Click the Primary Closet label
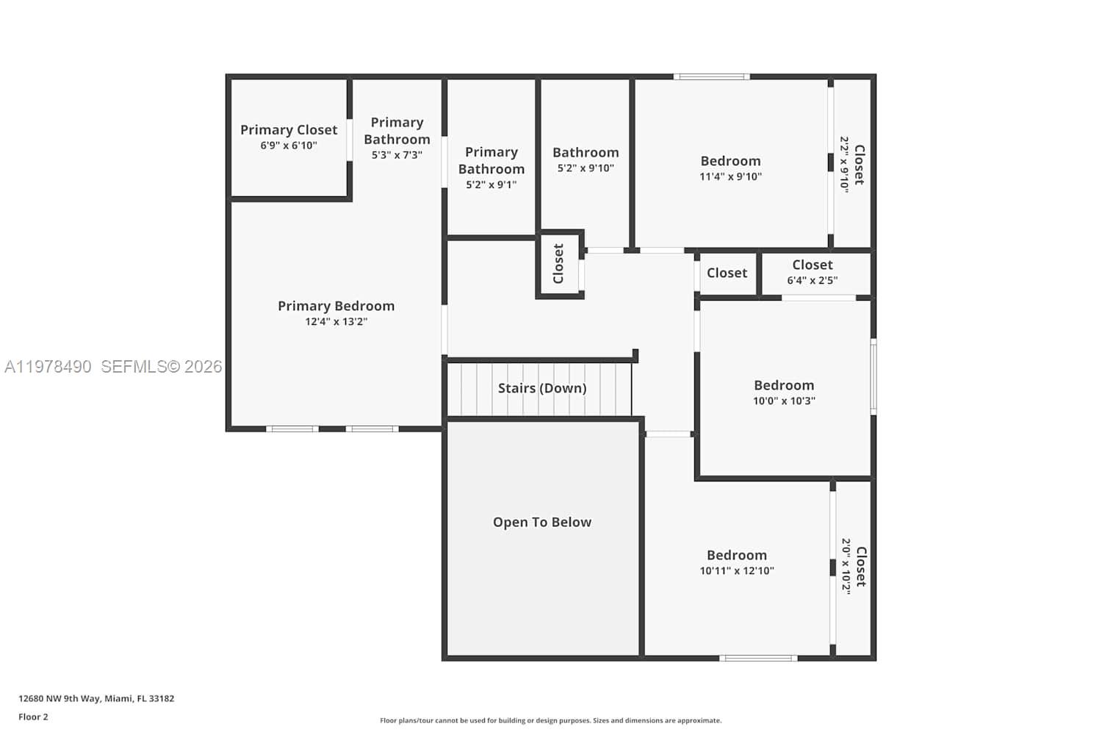point(289,130)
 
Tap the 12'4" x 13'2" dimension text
point(336,322)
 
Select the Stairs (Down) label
point(541,388)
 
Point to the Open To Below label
point(541,523)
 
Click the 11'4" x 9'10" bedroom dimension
point(730,177)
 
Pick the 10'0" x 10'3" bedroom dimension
point(784,401)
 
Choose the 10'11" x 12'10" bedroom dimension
point(736,571)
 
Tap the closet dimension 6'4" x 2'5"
point(812,281)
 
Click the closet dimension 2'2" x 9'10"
point(845,165)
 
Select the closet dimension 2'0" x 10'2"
point(846,567)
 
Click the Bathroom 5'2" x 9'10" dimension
point(586,168)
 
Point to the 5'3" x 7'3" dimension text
point(397,155)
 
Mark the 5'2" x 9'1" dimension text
point(491,185)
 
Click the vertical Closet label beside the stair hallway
point(558,264)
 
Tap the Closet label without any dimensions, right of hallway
point(727,273)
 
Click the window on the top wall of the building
point(711,76)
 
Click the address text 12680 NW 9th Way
point(96,699)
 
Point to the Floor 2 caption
point(33,717)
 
